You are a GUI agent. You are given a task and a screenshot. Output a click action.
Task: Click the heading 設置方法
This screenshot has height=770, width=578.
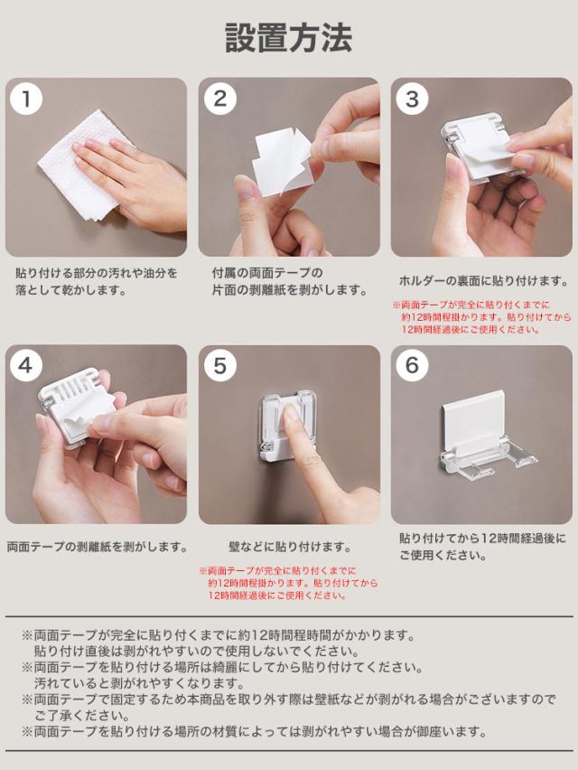pyautogui.click(x=288, y=37)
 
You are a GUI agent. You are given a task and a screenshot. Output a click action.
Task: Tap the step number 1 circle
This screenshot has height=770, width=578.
pyautogui.click(x=26, y=99)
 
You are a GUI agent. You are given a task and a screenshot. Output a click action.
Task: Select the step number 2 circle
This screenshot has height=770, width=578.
pyautogui.click(x=220, y=99)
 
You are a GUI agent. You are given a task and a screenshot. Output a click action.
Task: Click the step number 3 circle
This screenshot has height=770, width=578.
pyautogui.click(x=412, y=99)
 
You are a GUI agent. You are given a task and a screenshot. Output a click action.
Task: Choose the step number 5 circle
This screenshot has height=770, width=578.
pyautogui.click(x=220, y=366)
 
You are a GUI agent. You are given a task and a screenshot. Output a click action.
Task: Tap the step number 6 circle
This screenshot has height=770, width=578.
pyautogui.click(x=412, y=366)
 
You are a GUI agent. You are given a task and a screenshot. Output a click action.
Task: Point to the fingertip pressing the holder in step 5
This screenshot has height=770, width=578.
pyautogui.click(x=292, y=414)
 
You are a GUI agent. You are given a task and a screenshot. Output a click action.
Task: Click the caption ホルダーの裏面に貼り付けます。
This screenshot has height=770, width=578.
pyautogui.click(x=483, y=281)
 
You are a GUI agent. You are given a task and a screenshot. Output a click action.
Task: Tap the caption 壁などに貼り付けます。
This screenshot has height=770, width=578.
pyautogui.click(x=290, y=547)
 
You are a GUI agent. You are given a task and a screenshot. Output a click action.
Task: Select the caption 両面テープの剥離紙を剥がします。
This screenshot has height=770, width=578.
pyautogui.click(x=98, y=547)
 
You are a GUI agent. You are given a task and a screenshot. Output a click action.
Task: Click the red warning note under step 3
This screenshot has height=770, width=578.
pyautogui.click(x=482, y=317)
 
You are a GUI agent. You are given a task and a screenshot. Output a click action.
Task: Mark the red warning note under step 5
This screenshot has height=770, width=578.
pyautogui.click(x=288, y=584)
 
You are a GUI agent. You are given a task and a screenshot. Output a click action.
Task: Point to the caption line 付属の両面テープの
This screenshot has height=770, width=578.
pyautogui.click(x=267, y=273)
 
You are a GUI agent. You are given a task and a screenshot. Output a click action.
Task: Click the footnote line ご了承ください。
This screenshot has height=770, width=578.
pyautogui.click(x=82, y=716)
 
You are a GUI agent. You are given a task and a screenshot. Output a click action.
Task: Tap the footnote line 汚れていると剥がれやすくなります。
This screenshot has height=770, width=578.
pyautogui.click(x=139, y=683)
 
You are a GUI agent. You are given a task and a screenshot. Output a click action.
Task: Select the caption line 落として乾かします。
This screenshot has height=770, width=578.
pyautogui.click(x=71, y=290)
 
